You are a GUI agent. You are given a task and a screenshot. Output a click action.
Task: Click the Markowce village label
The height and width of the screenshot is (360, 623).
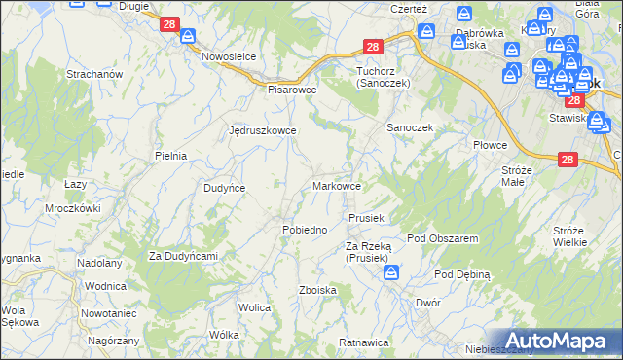pos(338,186)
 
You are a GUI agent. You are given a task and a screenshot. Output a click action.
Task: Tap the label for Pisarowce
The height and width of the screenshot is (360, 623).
pos(293,88)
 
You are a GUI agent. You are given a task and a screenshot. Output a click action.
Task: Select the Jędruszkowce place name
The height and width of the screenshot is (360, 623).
pos(261,129)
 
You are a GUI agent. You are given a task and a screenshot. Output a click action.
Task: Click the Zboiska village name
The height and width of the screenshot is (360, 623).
pos(318,290)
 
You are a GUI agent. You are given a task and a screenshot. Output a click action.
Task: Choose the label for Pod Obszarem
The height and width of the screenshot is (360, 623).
pos(442,238)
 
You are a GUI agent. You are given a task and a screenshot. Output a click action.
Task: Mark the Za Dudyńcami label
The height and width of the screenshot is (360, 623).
pos(182,256)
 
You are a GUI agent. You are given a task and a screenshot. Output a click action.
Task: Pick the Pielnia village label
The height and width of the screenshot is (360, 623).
pos(170,155)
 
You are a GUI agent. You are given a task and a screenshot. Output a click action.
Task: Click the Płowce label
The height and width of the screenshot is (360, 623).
pos(491,145)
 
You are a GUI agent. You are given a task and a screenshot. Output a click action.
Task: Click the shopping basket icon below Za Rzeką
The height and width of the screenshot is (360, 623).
pos(389,274)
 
